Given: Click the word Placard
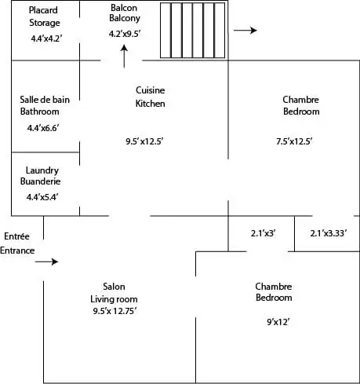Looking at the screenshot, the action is pos(43,10).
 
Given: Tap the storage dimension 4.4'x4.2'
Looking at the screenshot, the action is pos(46,38).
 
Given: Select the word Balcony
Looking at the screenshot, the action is pos(125,18).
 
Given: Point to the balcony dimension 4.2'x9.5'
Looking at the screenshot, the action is pos(125,34).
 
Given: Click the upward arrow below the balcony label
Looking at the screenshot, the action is pos(124,57).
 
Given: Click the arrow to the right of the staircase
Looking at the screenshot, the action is pos(245,31).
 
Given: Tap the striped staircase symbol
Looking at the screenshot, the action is pos(192,31).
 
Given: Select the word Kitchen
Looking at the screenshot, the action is pos(150,104).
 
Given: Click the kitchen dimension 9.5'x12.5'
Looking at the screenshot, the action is pos(144,141).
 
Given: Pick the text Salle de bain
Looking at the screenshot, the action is pos(45,100).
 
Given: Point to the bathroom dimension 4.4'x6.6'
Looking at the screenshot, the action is pos(43,128).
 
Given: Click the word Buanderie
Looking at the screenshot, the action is pos(40,181).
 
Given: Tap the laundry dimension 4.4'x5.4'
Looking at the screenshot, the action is pos(42,197).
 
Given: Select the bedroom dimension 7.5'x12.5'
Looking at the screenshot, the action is pos(294,141).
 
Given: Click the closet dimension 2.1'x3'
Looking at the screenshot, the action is pos(264,233).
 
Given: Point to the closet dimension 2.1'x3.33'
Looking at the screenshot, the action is pos(329,233).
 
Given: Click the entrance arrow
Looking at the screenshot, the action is pos(46,261).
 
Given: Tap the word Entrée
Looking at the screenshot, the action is pos(16,236).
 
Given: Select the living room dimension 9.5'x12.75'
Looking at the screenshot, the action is pos(115,311).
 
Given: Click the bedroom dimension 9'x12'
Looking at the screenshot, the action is pos(278,322).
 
